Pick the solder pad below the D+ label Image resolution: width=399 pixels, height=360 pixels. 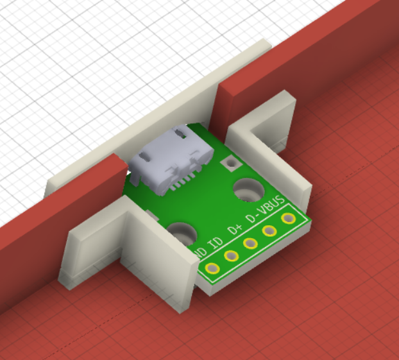coord(250,243)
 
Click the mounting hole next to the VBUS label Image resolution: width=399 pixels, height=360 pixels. coord(246,190)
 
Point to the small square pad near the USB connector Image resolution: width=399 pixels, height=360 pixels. coord(228,164)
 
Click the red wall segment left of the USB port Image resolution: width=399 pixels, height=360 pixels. coord(58,212)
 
